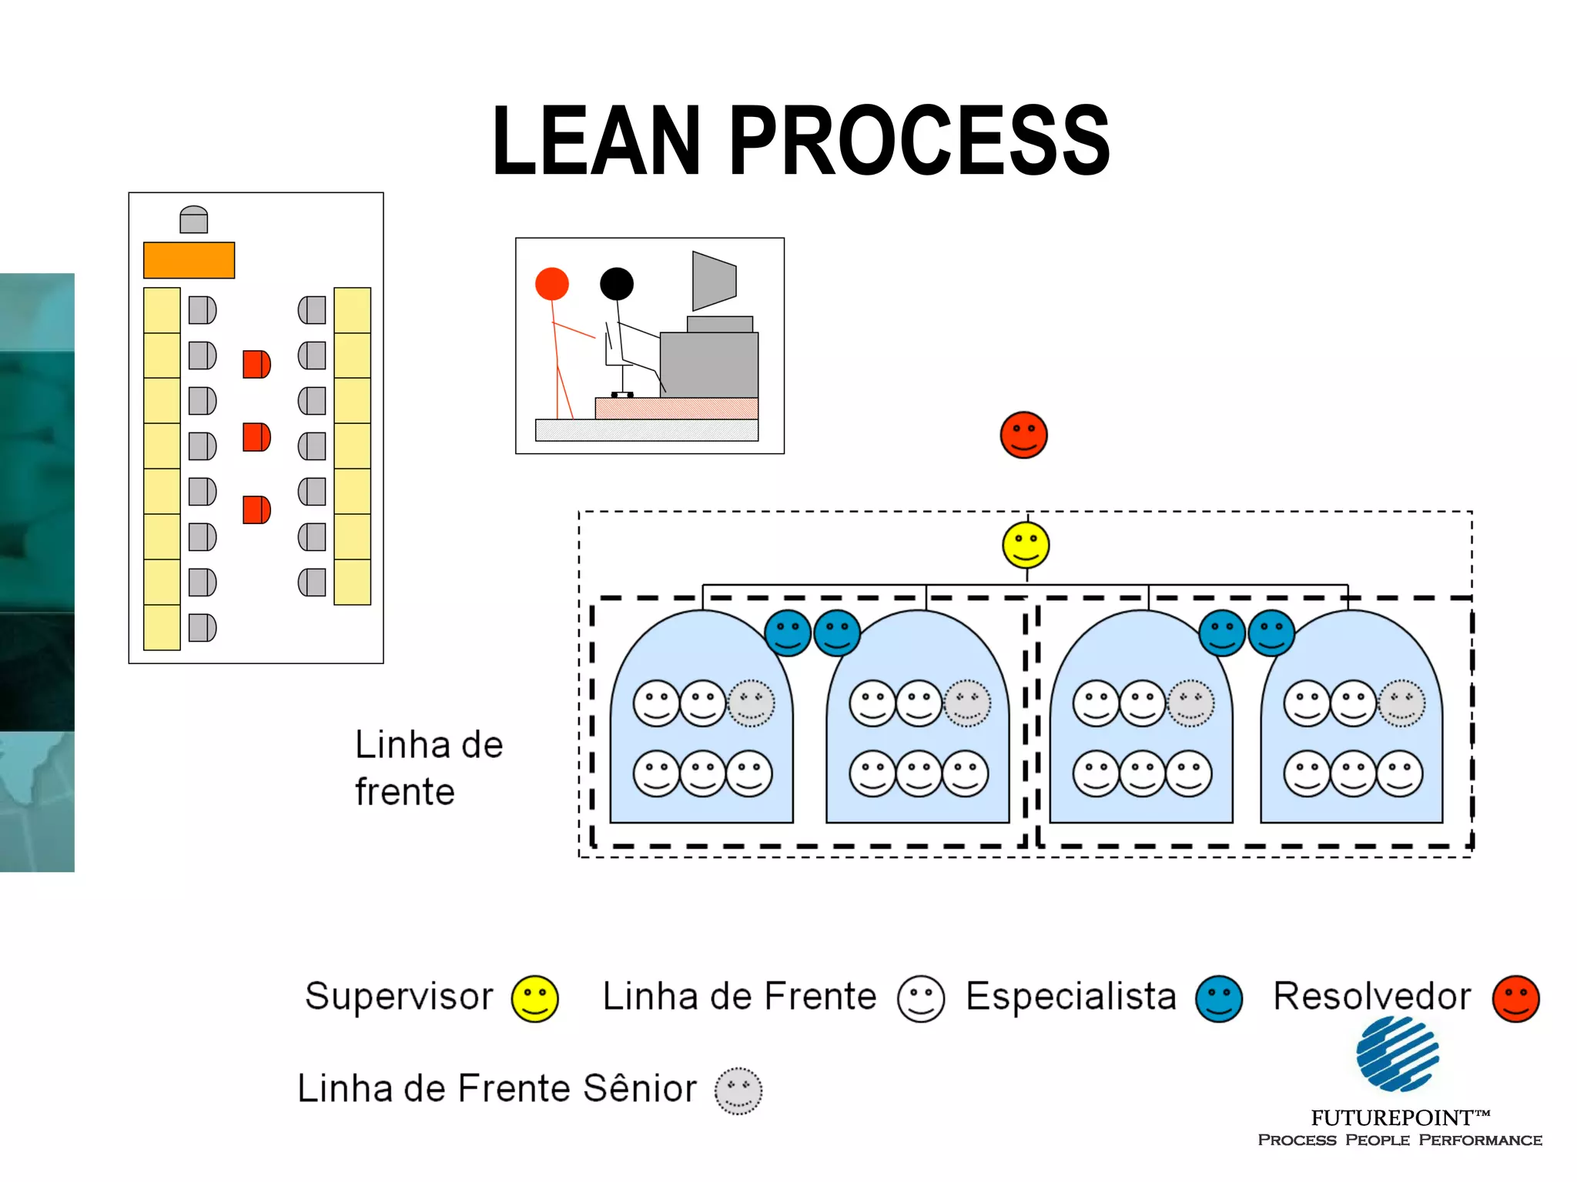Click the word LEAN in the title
[x=596, y=141]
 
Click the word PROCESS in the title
[x=918, y=141]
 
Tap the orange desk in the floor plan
[x=189, y=260]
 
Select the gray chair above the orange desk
[x=193, y=220]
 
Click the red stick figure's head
[x=552, y=284]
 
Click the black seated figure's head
[x=617, y=284]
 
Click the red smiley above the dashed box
[x=1023, y=435]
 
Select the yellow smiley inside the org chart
[x=1026, y=545]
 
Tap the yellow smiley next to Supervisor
[x=535, y=999]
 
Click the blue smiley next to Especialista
[x=1219, y=999]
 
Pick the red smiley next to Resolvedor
[x=1515, y=999]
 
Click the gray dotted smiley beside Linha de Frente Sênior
[x=738, y=1090]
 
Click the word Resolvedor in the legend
[x=1371, y=997]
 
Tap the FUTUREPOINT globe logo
[x=1398, y=1054]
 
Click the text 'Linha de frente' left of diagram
[x=427, y=768]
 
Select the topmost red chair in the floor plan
[x=256, y=364]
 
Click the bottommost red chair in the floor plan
[x=256, y=509]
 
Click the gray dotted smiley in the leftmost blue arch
[x=751, y=703]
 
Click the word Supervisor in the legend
[x=399, y=997]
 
